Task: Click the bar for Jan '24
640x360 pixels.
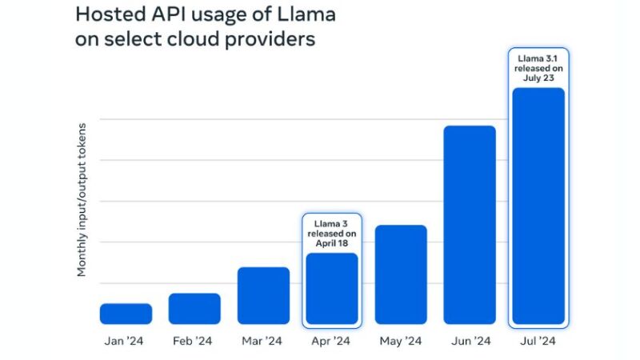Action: [x=126, y=314]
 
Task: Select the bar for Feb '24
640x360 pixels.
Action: [x=194, y=308]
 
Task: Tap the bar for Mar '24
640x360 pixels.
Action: [x=263, y=295]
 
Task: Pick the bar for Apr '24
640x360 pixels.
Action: [x=332, y=288]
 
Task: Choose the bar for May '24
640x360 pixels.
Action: [x=401, y=274]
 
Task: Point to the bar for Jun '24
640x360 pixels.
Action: [x=470, y=225]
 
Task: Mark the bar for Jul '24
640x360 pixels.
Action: [x=538, y=206]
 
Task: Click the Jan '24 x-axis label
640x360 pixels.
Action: [x=126, y=342]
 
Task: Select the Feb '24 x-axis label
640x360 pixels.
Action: [x=194, y=342]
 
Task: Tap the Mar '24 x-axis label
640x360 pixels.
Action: [x=262, y=342]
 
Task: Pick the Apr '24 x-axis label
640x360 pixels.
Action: [x=331, y=342]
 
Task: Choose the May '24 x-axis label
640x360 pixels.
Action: [x=400, y=342]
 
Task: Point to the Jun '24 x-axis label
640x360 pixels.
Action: [x=470, y=342]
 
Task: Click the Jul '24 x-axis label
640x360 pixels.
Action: [x=538, y=342]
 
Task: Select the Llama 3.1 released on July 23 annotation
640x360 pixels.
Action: [x=538, y=68]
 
